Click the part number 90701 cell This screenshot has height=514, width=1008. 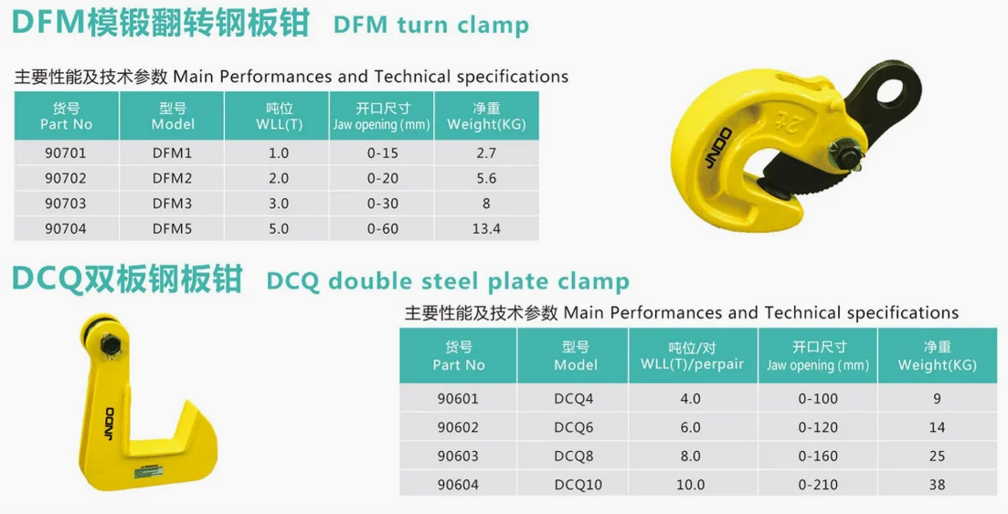point(66,153)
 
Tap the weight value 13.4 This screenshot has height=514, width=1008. point(485,228)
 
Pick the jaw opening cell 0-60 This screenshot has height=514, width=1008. point(382,228)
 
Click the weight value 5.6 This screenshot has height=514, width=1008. point(485,178)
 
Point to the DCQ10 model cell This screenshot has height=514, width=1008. point(577,485)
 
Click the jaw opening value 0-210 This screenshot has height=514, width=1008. point(817,485)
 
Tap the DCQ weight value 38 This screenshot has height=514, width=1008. point(937,485)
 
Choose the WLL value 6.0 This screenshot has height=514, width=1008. point(691,426)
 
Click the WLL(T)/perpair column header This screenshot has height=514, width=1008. point(691,356)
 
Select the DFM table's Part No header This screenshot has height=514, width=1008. point(66,116)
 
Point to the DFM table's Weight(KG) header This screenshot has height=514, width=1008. point(485,116)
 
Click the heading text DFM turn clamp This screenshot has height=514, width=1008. point(431,25)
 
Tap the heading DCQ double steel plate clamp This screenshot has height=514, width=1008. point(448,280)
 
